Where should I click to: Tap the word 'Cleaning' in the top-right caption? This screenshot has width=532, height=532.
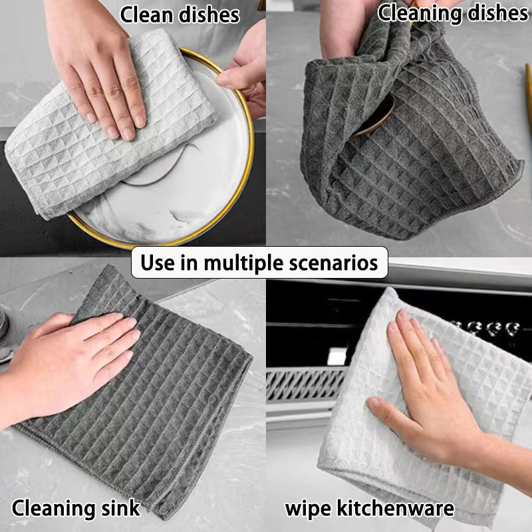pos(420,13)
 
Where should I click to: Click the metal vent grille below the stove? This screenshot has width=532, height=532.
pos(305,384)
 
